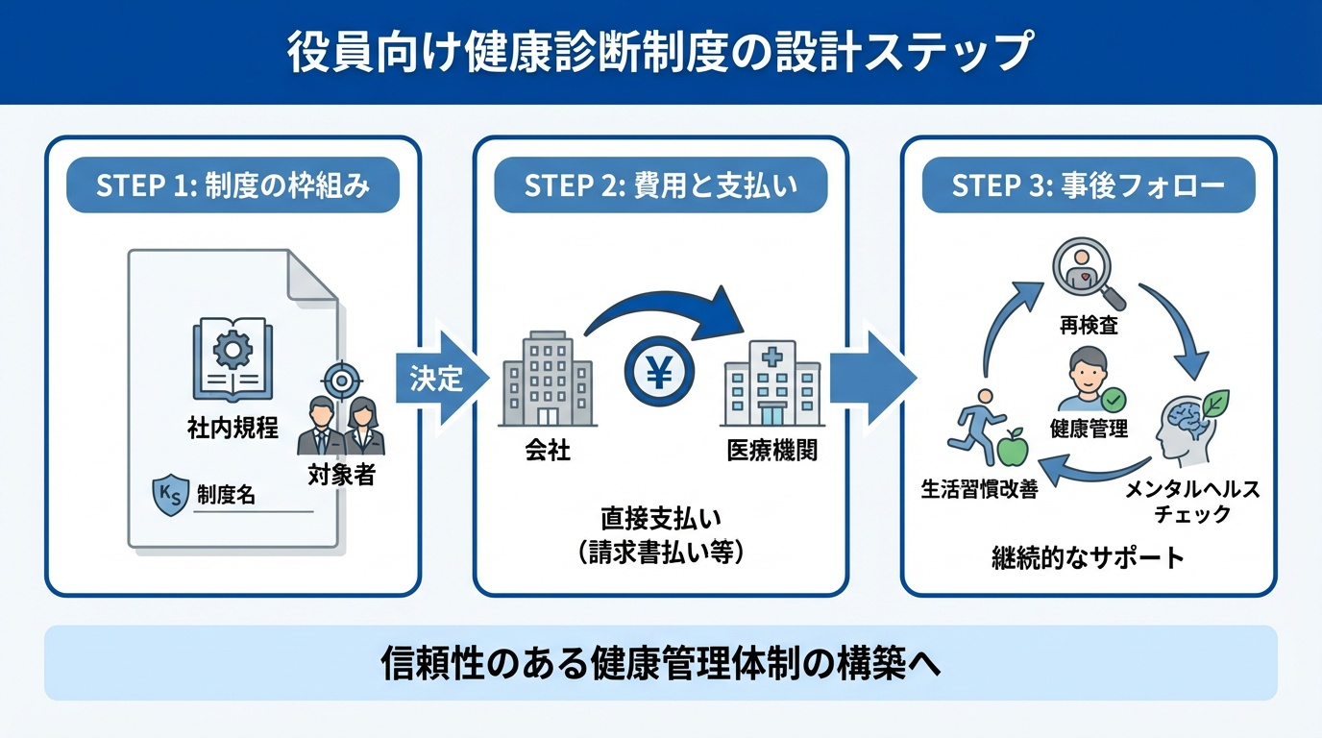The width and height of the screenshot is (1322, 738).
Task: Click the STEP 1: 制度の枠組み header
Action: click(x=233, y=185)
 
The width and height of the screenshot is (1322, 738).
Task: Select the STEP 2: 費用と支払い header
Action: click(x=661, y=185)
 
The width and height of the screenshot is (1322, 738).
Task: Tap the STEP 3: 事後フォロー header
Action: click(x=1089, y=185)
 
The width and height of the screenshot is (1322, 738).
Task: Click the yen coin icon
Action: click(x=658, y=374)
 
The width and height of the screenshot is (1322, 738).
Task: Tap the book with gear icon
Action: click(x=232, y=359)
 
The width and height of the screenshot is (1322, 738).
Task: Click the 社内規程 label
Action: click(x=233, y=428)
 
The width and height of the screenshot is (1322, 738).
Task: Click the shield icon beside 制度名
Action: click(x=171, y=497)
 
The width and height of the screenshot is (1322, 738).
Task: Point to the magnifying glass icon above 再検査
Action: click(x=1083, y=270)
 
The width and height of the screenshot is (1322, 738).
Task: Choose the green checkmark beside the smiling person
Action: click(x=1114, y=399)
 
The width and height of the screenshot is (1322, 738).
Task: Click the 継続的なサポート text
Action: click(x=1088, y=557)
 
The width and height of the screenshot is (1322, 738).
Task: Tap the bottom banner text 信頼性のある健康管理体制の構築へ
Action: click(x=661, y=663)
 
